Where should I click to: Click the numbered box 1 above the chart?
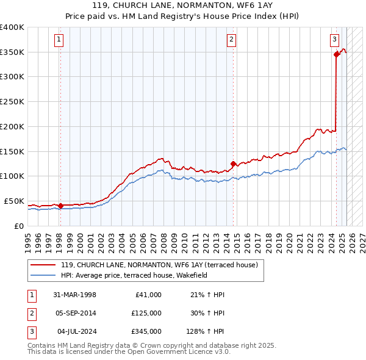tap(59, 40)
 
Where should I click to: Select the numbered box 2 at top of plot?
tap(232, 40)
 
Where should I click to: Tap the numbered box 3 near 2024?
tap(335, 40)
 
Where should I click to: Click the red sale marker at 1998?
tap(60, 206)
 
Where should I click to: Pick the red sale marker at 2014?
tap(233, 164)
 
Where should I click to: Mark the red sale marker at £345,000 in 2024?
tap(336, 54)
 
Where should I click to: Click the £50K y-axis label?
tap(14, 201)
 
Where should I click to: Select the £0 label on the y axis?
tap(19, 226)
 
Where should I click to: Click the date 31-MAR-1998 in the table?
tap(74, 295)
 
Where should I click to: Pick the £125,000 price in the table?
tap(146, 313)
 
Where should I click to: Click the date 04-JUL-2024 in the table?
tap(74, 331)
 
